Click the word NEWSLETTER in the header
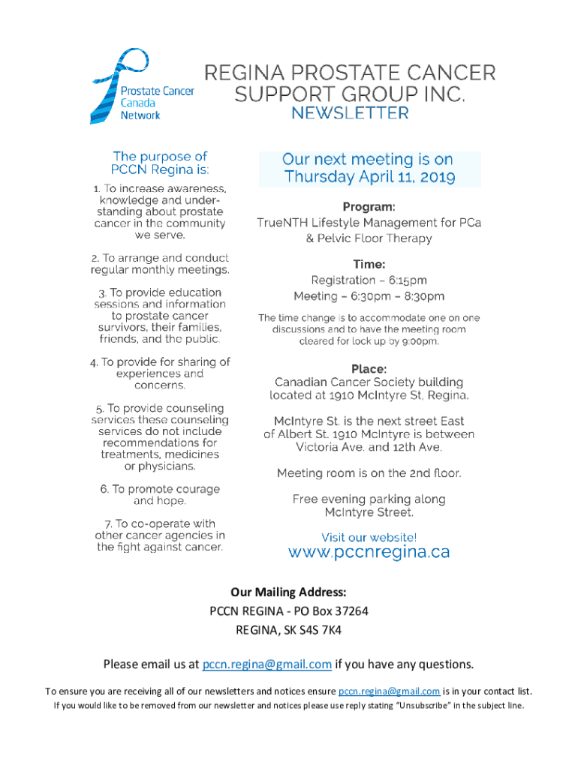(350, 113)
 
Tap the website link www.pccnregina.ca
(369, 552)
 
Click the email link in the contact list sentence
(389, 691)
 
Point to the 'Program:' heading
(369, 206)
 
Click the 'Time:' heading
(369, 264)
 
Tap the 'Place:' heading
(369, 368)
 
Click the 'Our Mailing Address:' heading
(288, 592)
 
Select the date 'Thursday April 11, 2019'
(369, 178)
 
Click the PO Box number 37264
(350, 611)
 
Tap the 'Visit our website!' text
(369, 537)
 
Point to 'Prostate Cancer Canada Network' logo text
(157, 103)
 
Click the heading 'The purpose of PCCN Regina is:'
(159, 163)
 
